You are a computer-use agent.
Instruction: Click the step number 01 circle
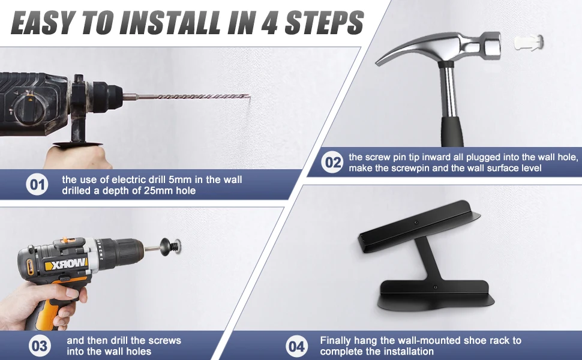click(37, 184)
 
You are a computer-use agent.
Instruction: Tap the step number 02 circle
click(332, 162)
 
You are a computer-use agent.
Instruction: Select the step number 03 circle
click(40, 346)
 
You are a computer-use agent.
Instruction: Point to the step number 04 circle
click(297, 346)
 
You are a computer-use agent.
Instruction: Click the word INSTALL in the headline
click(172, 23)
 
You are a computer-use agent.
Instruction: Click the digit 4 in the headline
click(272, 23)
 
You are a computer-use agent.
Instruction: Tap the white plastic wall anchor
click(529, 43)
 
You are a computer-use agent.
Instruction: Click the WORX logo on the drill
click(65, 265)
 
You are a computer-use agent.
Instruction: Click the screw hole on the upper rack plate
click(416, 223)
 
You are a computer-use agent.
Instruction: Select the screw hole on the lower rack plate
click(435, 287)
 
